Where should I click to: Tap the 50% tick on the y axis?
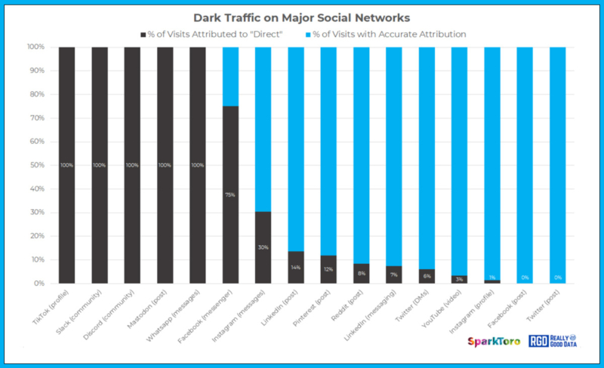[x=37, y=165]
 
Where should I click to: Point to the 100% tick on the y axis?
[x=35, y=47]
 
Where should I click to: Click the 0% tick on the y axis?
[x=39, y=284]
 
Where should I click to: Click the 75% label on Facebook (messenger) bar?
[x=230, y=195]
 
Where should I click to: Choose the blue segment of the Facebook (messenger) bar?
[x=230, y=75]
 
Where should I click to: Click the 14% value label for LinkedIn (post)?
[x=295, y=267]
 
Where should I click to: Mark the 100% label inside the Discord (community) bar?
[x=132, y=165]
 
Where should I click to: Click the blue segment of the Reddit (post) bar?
[x=361, y=151]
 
